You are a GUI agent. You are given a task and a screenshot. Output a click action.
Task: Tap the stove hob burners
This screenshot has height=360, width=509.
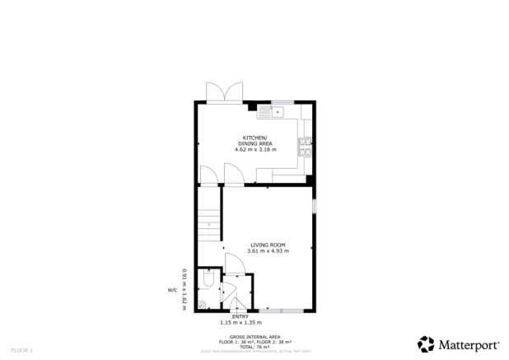click(x=306, y=146)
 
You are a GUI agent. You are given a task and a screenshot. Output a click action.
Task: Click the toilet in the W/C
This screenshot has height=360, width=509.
click(x=209, y=281)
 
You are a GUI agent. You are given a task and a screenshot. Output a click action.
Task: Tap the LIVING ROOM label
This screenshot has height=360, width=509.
click(x=269, y=245)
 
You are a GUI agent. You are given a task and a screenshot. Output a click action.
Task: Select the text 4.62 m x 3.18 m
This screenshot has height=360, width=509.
click(x=255, y=149)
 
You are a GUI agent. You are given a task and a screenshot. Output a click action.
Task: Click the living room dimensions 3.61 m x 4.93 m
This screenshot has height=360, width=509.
click(x=269, y=250)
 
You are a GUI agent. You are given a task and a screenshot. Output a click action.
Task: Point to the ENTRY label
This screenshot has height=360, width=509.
click(x=240, y=317)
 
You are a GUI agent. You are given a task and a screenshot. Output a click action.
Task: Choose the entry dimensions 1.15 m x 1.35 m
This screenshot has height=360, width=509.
click(x=240, y=323)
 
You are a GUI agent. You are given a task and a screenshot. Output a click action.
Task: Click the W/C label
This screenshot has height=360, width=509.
click(x=172, y=290)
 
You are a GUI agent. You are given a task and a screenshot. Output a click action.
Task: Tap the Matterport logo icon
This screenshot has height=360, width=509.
click(x=425, y=343)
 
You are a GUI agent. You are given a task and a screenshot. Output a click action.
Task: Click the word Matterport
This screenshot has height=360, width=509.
click(x=468, y=344)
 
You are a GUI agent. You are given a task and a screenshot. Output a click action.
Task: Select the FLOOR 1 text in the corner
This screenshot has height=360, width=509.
click(x=21, y=351)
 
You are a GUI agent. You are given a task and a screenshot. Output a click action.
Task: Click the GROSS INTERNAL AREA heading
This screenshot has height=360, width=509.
click(x=254, y=337)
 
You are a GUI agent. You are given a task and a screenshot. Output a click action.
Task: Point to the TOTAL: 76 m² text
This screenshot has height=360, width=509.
click(x=254, y=347)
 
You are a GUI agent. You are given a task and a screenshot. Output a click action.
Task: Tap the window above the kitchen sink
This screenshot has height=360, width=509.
click(x=283, y=101)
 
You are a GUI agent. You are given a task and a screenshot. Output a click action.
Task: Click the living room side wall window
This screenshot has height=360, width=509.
click(x=314, y=203)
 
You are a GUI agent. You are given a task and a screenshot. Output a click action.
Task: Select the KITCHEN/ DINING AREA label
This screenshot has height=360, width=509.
click(x=254, y=140)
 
